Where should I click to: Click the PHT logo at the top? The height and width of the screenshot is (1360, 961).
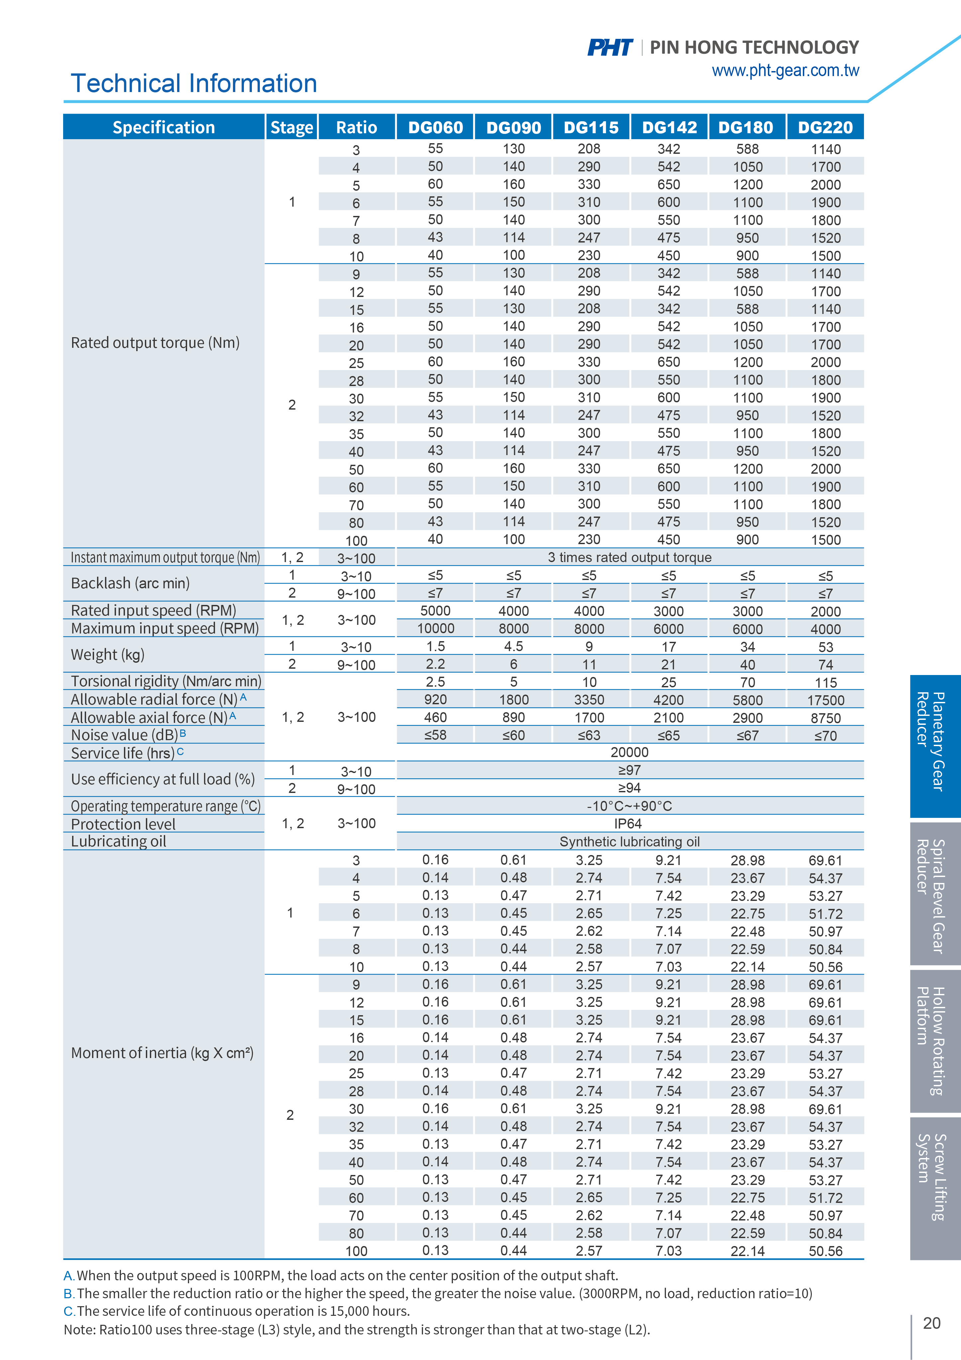pos(610,48)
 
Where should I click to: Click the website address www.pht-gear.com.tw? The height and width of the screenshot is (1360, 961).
pos(785,70)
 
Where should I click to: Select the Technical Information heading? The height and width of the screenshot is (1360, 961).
pos(194,83)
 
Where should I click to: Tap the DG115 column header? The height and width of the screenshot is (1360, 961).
pos(591,127)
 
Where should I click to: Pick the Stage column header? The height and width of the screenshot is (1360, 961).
pos(291,127)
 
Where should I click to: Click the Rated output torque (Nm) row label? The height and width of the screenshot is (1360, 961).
pos(155,343)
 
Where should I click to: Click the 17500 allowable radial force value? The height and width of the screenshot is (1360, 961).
pos(825,700)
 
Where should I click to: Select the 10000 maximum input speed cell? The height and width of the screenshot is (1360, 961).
pos(435,629)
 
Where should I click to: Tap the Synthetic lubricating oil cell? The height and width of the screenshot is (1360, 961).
pos(629,842)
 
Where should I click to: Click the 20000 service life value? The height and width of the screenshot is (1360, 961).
pos(629,752)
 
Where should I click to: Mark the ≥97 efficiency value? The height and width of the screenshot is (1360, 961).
pos(629,770)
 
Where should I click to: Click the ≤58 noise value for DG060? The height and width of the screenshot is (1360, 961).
pos(435,735)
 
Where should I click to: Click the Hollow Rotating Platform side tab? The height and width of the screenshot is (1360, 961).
pos(935,1041)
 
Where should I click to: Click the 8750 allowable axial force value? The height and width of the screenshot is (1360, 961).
pos(825,718)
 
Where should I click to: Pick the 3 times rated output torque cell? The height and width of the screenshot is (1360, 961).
pos(629,557)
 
